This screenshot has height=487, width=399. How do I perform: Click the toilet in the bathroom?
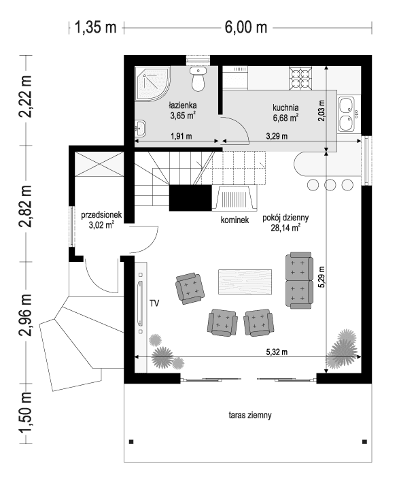point(198,80)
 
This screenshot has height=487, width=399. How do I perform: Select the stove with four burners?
point(300,78)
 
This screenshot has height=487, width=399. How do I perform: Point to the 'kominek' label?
point(235,220)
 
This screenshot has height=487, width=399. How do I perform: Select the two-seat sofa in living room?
point(299,280)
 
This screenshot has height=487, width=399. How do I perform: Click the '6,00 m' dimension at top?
point(245,27)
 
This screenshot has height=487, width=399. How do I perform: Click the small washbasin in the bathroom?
point(140,127)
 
